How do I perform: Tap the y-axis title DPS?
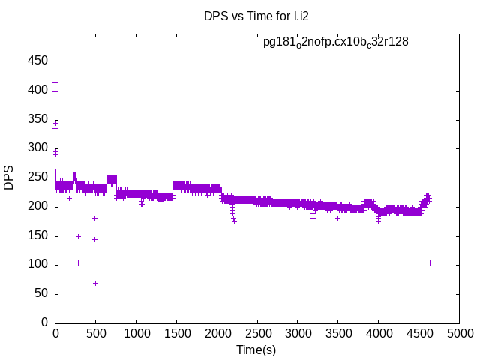click(9, 178)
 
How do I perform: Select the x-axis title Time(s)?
click(256, 349)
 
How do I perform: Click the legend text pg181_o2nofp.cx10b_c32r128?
click(335, 43)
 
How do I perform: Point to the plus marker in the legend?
click(430, 43)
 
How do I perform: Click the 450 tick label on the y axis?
click(39, 61)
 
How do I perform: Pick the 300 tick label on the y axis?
click(39, 148)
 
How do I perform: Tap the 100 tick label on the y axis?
click(39, 265)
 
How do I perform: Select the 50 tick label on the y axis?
click(42, 294)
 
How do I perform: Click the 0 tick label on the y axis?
click(45, 322)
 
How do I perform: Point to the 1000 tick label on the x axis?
click(136, 332)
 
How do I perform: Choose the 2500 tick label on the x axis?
click(257, 332)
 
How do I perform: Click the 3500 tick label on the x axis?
click(338, 332)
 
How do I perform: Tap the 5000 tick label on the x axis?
click(459, 332)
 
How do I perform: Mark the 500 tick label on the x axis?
click(95, 332)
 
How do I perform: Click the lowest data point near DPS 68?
click(96, 283)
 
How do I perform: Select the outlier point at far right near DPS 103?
click(430, 262)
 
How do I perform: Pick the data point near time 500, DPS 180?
click(95, 218)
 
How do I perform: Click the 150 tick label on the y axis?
click(39, 235)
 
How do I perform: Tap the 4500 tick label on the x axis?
click(419, 332)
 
